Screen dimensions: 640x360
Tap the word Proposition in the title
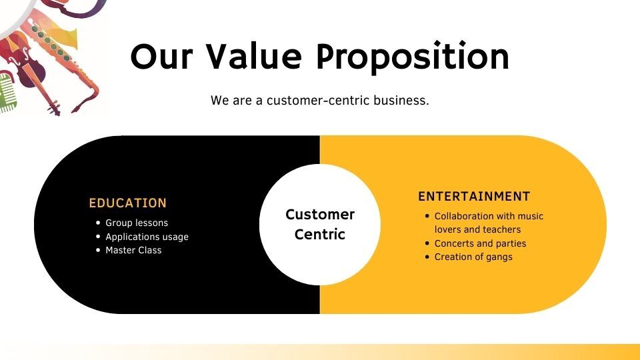pyautogui.click(x=413, y=57)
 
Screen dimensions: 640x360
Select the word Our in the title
pyautogui.click(x=161, y=57)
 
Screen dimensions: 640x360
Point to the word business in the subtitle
pyautogui.click(x=401, y=101)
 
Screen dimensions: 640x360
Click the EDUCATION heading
pyautogui.click(x=128, y=203)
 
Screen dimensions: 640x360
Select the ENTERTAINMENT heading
pyautogui.click(x=474, y=196)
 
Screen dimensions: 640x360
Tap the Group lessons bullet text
pyautogui.click(x=137, y=223)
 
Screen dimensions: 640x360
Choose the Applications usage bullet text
pyautogui.click(x=147, y=237)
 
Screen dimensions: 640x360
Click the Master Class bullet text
pyautogui.click(x=133, y=250)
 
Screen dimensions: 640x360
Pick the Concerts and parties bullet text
pyautogui.click(x=480, y=244)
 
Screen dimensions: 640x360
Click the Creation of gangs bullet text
pyautogui.click(x=473, y=257)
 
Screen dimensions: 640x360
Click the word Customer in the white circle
pyautogui.click(x=320, y=214)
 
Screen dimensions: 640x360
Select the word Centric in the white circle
pyautogui.click(x=320, y=234)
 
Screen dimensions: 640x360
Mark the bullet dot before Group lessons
pyautogui.click(x=98, y=223)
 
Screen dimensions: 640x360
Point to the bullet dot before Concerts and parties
pyautogui.click(x=427, y=244)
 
